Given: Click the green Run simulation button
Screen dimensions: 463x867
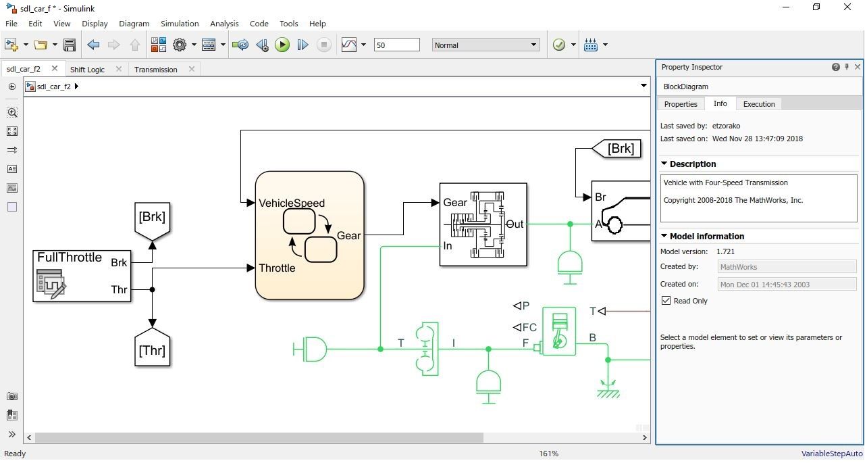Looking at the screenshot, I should [x=282, y=45].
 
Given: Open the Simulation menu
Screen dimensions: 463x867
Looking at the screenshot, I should [x=180, y=23].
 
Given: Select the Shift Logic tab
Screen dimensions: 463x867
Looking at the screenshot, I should [x=87, y=70].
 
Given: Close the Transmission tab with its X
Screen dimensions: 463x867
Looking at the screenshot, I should [x=192, y=69].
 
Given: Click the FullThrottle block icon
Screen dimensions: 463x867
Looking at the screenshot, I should [x=51, y=284].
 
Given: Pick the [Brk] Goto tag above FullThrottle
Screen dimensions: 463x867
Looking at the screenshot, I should [x=152, y=218].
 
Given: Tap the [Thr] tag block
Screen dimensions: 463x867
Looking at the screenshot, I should [x=152, y=349].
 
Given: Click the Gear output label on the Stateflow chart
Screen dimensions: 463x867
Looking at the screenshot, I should [x=348, y=236].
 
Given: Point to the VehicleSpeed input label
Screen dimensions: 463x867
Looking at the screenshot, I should [x=291, y=203].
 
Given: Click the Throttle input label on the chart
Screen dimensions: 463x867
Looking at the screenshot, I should [x=277, y=268].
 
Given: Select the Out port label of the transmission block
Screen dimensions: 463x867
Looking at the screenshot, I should [x=515, y=224].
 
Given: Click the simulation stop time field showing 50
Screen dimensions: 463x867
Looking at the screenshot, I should [x=396, y=45].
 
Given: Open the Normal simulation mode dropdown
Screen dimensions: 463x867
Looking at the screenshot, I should [x=485, y=45].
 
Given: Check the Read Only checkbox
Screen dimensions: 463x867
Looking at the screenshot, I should [x=666, y=301].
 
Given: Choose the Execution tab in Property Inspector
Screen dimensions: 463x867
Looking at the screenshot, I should [x=758, y=104].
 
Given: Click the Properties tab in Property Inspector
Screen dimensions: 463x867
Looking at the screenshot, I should [x=680, y=104].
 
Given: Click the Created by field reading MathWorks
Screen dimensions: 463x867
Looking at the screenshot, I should [x=787, y=267].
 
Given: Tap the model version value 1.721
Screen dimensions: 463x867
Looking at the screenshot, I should [x=725, y=251].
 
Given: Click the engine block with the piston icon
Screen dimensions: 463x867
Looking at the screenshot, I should [x=559, y=331].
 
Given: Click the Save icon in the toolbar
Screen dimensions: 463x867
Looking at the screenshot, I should [x=69, y=45].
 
